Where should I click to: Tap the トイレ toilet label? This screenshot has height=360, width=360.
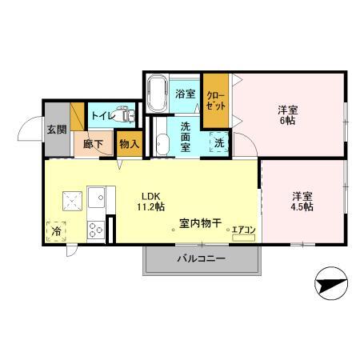tap(102, 116)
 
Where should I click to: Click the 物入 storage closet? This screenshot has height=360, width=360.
tap(129, 144)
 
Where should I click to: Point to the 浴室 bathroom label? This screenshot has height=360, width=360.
tap(186, 94)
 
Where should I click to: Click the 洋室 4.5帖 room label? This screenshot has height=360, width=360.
tap(302, 201)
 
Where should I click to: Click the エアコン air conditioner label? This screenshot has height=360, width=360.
tap(243, 231)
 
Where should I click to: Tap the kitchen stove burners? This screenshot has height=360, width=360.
tap(95, 230)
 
